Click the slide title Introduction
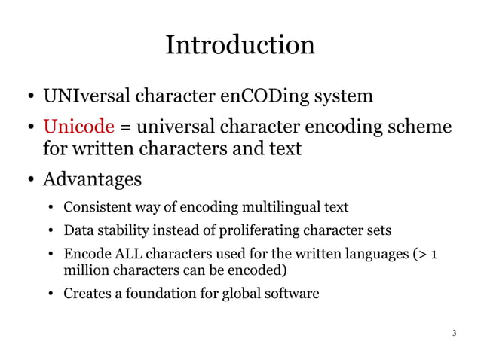point(240,45)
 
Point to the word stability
point(121,230)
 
